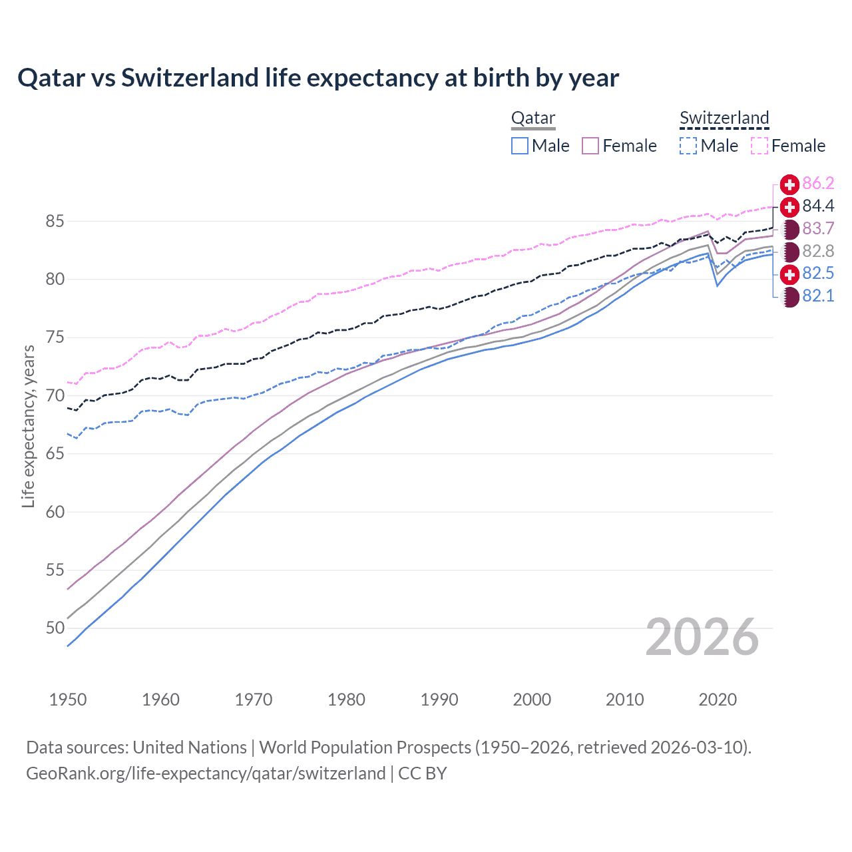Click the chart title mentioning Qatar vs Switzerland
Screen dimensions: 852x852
(318, 78)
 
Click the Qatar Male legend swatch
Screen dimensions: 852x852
(520, 146)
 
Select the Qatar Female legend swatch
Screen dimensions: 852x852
(590, 146)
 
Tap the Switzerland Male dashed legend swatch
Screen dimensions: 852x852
(688, 146)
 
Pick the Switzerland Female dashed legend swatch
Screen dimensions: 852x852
(759, 146)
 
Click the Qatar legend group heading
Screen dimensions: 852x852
(533, 118)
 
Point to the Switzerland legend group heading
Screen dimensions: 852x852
(724, 118)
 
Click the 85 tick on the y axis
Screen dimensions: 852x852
(55, 221)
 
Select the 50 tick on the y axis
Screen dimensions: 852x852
(55, 628)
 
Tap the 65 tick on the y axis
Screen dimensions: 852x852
(55, 454)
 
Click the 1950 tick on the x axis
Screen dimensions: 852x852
(68, 700)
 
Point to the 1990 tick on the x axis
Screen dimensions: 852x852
(439, 700)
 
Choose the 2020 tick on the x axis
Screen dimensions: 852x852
(718, 700)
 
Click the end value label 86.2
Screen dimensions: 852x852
(818, 184)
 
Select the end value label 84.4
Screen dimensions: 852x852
(818, 206)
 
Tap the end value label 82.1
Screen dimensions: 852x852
(818, 296)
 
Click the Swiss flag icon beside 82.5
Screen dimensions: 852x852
(789, 274)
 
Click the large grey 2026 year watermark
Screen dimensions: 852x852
(702, 637)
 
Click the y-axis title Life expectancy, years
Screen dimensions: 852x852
(28, 426)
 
